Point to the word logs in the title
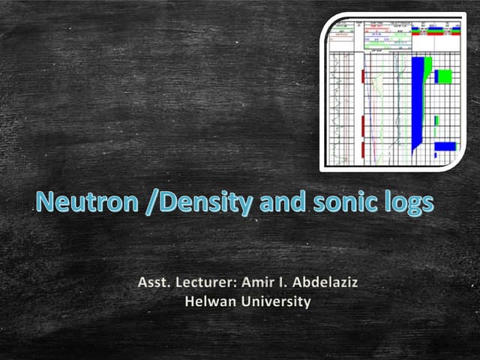(409, 202)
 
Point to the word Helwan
(208, 302)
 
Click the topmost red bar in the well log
(363, 76)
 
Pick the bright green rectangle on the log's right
(445, 76)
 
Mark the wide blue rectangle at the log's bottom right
(445, 145)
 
